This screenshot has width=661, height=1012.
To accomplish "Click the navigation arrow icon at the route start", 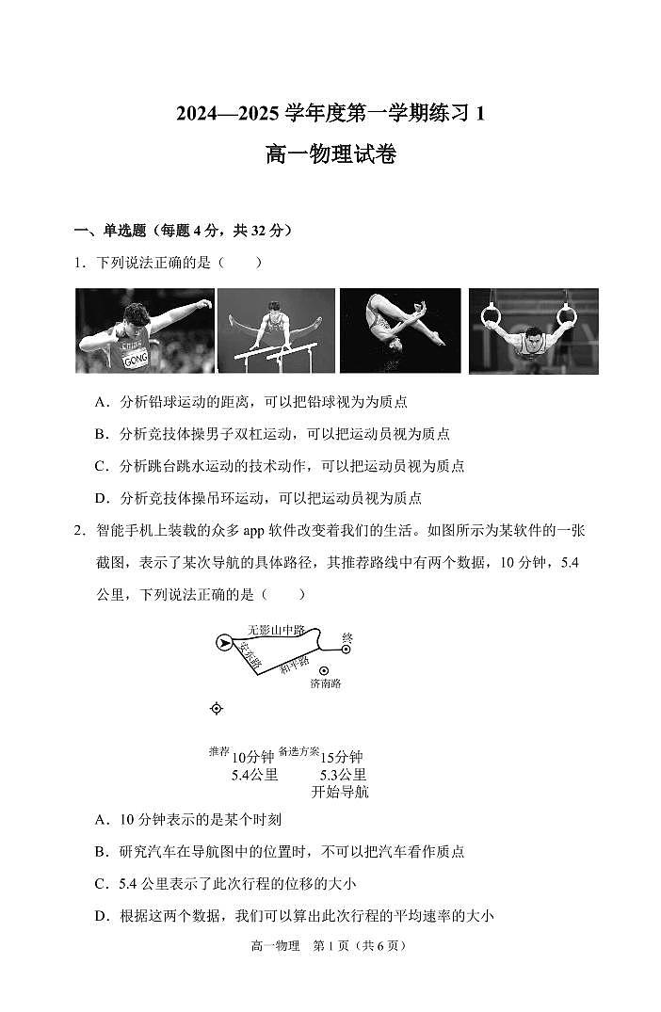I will tap(224, 643).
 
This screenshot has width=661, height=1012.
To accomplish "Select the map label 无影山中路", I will tap(276, 630).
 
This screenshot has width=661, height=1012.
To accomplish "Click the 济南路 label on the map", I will tap(326, 683).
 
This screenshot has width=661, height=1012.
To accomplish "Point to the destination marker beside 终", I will tap(347, 649).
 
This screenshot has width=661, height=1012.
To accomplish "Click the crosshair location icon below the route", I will tap(217, 708).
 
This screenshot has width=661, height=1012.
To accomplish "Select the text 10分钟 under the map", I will tap(252, 757).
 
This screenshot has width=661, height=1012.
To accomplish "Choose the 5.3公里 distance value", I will tap(343, 775).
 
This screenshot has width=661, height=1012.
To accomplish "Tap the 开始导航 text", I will tap(339, 792).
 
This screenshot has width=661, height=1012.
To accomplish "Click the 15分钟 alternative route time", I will tap(342, 757).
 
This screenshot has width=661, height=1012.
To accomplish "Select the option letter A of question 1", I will tap(100, 402).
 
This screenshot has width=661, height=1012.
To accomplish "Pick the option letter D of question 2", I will tap(100, 916).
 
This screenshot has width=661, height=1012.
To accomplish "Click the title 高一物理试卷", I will tap(330, 155).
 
